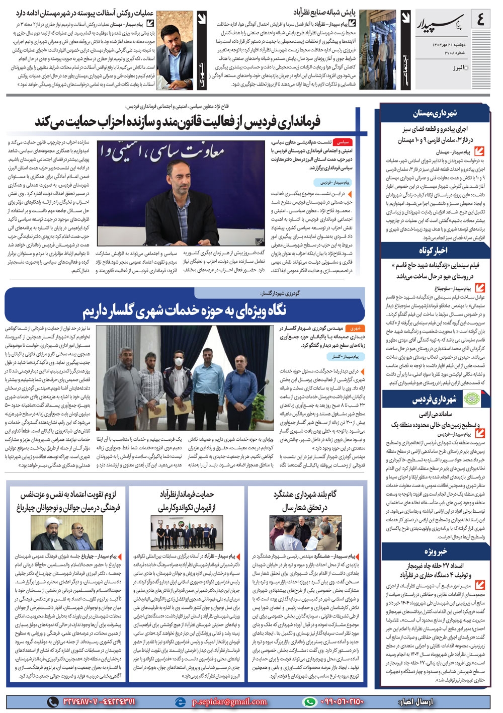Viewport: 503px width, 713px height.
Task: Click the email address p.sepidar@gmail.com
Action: tap(229, 701)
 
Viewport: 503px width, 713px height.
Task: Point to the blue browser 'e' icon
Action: tap(180, 701)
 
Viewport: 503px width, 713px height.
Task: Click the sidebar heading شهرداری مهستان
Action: tap(435, 114)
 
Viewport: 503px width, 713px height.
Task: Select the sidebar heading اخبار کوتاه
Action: tap(434, 250)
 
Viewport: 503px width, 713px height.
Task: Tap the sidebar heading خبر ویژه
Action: tap(436, 552)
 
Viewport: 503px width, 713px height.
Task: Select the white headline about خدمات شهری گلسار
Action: tap(184, 310)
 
